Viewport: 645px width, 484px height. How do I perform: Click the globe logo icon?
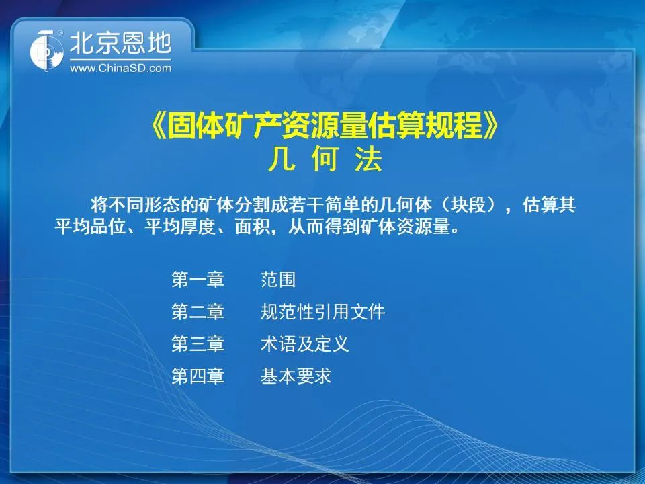click(46, 50)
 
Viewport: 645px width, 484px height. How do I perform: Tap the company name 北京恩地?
click(120, 43)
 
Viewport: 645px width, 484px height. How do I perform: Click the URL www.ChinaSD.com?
click(120, 69)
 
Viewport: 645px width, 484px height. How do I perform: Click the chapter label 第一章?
click(198, 280)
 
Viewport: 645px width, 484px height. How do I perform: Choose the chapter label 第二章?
click(198, 311)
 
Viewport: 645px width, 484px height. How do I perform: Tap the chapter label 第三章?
click(198, 344)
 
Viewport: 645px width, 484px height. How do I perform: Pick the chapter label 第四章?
click(198, 376)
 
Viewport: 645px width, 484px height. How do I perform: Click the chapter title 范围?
click(278, 280)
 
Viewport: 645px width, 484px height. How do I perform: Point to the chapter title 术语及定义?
click(305, 344)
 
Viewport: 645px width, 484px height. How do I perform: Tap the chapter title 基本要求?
click(296, 376)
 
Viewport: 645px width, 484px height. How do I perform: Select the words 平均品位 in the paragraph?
click(90, 227)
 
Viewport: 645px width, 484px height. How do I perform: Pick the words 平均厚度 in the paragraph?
click(180, 227)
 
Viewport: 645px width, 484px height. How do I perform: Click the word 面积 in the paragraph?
click(253, 227)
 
